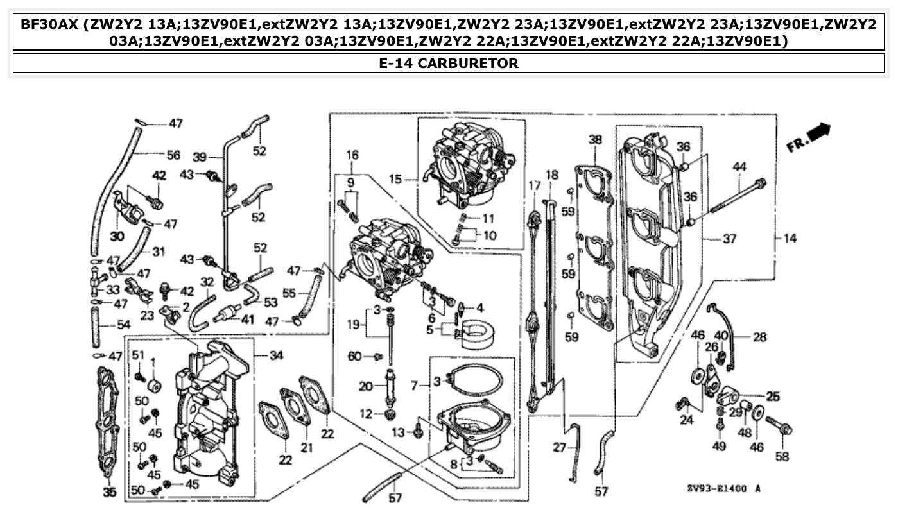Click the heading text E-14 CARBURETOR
coord(449,63)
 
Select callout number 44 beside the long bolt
coord(739,167)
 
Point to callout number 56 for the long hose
coord(173,155)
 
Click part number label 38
coord(595,139)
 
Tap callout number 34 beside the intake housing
coord(276,355)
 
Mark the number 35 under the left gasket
coord(110,493)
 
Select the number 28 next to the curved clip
coord(759,336)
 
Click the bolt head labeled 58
coord(787,428)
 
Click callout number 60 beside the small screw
coord(354,356)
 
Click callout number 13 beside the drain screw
coord(399,432)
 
